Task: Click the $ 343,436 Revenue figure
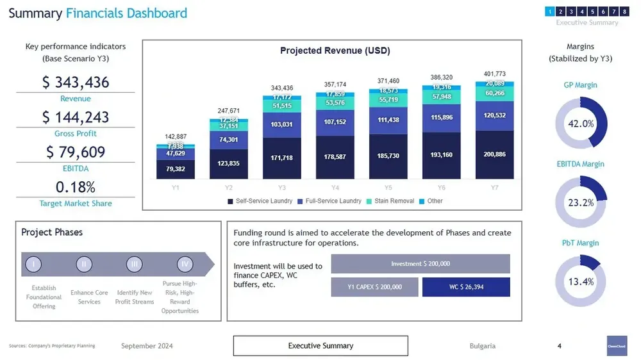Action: click(76, 83)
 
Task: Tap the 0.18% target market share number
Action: click(76, 187)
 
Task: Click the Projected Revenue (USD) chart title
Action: click(335, 51)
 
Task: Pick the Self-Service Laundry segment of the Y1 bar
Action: click(176, 169)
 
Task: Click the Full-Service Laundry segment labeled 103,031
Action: click(282, 124)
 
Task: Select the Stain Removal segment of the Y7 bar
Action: click(494, 94)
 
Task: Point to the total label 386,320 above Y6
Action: click(441, 78)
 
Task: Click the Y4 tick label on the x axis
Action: click(335, 188)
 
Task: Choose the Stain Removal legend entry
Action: click(389, 201)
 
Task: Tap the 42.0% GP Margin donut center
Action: click(581, 124)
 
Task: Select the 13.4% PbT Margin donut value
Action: click(581, 281)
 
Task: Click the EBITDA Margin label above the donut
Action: click(581, 164)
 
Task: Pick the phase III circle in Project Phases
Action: click(134, 264)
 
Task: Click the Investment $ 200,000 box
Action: click(420, 264)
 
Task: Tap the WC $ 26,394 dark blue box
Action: click(466, 287)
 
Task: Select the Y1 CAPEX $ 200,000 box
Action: click(374, 287)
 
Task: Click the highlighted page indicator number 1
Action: click(549, 12)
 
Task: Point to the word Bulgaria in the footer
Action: click(482, 346)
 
